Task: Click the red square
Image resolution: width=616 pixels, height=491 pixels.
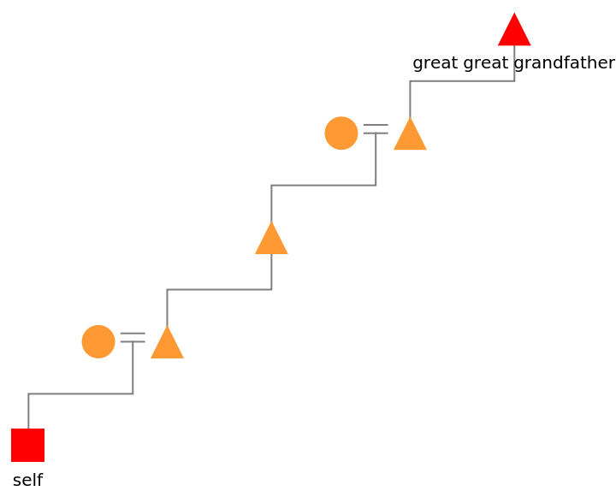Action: point(27,445)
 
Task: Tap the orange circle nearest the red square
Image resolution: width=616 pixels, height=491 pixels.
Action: point(98,341)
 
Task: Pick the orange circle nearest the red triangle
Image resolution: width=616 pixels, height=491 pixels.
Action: point(341,133)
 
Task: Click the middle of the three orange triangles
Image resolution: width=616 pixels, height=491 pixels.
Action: point(271,240)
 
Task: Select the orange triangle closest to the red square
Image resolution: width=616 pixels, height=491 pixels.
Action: point(167,344)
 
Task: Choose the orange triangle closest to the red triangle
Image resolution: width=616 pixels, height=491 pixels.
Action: point(410,136)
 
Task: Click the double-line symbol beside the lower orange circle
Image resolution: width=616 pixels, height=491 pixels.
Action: point(133,337)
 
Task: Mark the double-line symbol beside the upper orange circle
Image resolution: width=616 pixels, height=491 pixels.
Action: point(376,128)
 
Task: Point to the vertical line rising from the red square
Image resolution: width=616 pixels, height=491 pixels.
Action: point(28,411)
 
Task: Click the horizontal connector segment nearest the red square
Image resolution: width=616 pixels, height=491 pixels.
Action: point(80,393)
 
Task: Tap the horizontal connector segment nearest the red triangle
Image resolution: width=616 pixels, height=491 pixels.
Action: point(462,80)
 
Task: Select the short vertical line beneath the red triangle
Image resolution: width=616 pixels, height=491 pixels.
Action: point(514,62)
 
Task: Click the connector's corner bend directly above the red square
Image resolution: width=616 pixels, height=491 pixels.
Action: point(28,393)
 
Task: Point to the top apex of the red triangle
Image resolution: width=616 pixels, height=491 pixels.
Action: point(514,14)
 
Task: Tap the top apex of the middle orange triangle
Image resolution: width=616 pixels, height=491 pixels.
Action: point(271,222)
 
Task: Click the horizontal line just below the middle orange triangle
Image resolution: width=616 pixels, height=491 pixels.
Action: point(219,289)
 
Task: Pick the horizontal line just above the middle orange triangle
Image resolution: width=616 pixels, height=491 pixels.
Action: point(323,185)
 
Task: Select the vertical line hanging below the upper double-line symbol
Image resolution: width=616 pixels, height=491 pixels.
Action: point(376,159)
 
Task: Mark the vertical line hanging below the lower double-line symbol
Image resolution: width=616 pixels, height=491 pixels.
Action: point(133,368)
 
